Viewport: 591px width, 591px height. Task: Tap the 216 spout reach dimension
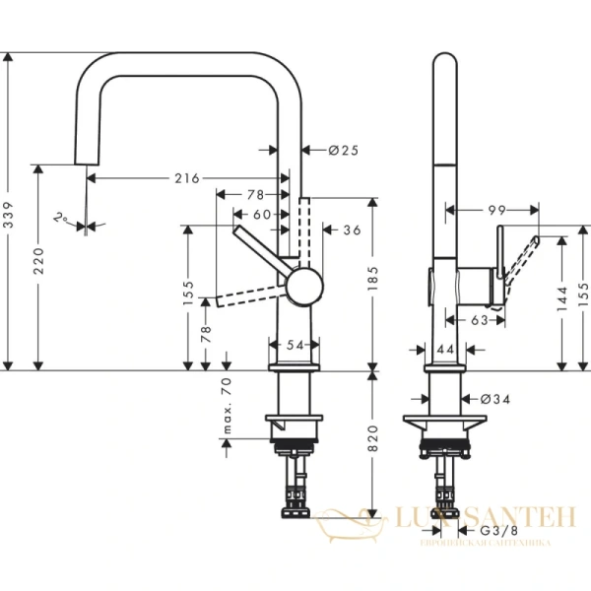pos(187,178)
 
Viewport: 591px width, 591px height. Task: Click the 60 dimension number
pos(261,214)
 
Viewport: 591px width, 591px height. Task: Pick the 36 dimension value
pos(352,230)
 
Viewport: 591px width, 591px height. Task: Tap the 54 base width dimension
pos(294,346)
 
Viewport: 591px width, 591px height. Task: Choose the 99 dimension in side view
pos(495,210)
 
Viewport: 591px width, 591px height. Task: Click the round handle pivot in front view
pos(302,287)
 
